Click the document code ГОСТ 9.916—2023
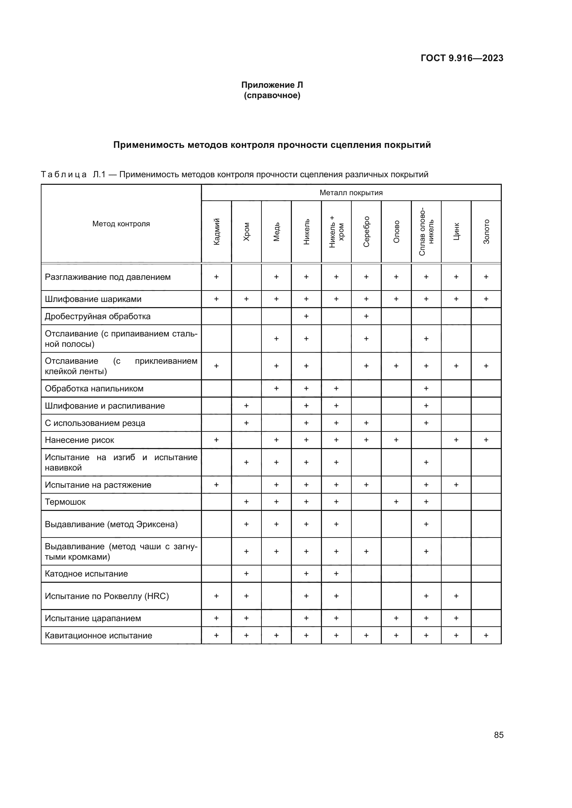point(462,58)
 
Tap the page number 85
point(498,735)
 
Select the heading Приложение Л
point(272,85)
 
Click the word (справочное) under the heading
point(272,96)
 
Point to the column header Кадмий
point(216,231)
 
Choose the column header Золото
point(486,231)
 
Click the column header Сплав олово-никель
point(426,231)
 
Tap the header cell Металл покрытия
point(351,192)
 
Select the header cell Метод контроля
point(121,224)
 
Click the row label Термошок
point(65,502)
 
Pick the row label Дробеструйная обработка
point(98,316)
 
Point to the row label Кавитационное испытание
point(98,636)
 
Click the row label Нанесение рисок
point(79,440)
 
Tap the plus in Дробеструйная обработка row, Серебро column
point(366,316)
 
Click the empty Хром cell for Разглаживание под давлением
point(246,277)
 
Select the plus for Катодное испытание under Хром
point(246,574)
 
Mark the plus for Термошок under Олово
point(396,502)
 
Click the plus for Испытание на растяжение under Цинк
point(456,485)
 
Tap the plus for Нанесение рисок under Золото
point(486,440)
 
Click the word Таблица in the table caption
point(64,174)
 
